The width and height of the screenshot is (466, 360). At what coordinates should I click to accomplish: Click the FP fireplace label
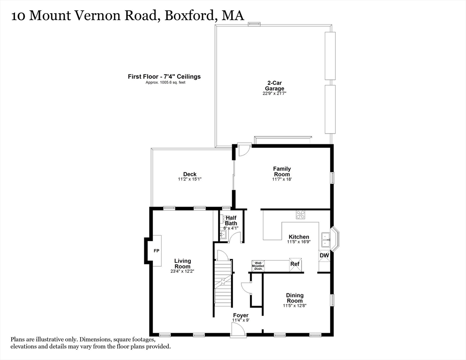click(x=157, y=251)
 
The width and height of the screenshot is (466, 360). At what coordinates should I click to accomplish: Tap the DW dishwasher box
click(x=324, y=255)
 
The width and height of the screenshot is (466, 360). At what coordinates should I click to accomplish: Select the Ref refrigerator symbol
click(x=295, y=264)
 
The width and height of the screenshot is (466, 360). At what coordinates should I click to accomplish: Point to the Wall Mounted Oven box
click(x=258, y=265)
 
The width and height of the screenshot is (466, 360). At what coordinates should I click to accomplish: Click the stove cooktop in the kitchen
click(x=301, y=215)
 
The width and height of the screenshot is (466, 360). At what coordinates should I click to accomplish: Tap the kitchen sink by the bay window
click(x=325, y=239)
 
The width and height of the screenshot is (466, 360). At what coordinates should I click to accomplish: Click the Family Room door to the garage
click(x=243, y=150)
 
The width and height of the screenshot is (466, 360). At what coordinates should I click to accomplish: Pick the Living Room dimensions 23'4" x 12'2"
click(x=182, y=270)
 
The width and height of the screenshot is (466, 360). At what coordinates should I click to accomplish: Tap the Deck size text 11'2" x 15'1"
click(x=190, y=179)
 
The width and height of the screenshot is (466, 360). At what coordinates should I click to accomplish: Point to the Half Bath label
click(x=231, y=220)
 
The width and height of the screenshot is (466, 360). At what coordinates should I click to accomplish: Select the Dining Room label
click(x=295, y=298)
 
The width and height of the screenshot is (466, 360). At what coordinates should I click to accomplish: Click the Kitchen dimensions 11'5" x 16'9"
click(x=299, y=242)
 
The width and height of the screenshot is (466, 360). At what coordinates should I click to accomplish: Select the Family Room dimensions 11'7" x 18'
click(x=282, y=179)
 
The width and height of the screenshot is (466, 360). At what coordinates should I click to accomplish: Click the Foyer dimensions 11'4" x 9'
click(x=241, y=320)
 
